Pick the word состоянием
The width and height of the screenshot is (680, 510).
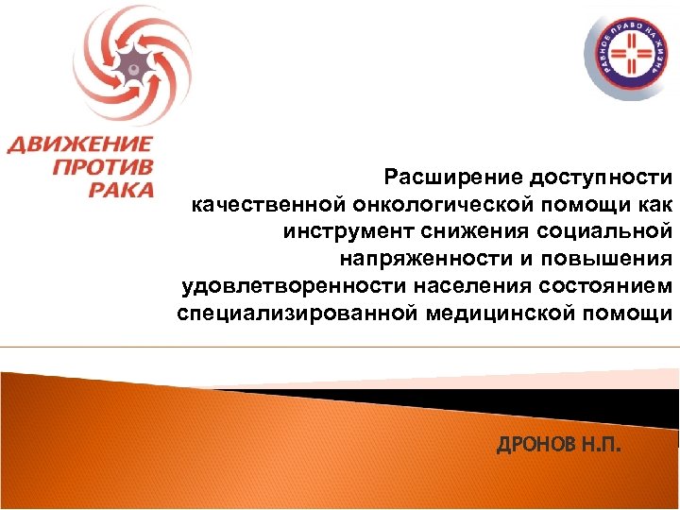tap(598, 286)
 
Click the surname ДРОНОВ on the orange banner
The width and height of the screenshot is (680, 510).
tap(533, 445)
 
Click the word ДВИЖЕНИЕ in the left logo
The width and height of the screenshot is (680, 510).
tap(80, 145)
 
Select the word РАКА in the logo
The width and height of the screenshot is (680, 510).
tap(122, 189)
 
